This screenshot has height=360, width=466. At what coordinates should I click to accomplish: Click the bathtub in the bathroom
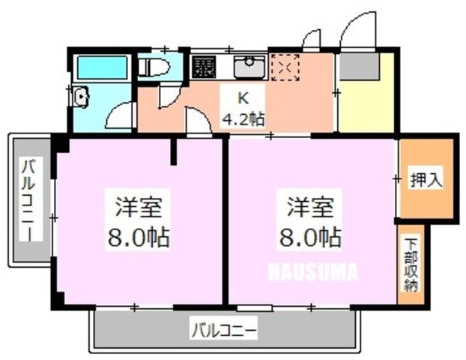point(102,67)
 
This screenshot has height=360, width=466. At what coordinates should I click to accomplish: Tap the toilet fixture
point(154,67)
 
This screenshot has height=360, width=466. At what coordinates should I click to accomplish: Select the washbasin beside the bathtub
point(81,97)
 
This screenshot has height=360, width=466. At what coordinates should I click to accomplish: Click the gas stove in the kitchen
point(203,67)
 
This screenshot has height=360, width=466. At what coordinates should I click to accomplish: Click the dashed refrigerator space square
point(285,67)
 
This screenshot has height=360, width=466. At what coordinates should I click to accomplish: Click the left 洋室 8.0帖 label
point(139,221)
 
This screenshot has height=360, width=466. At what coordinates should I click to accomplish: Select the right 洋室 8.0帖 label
point(309,221)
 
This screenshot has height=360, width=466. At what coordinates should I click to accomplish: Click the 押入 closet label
point(426,180)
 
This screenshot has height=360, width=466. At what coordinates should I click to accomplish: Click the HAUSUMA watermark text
point(313,271)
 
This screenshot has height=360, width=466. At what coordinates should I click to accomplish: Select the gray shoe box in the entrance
point(360,66)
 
